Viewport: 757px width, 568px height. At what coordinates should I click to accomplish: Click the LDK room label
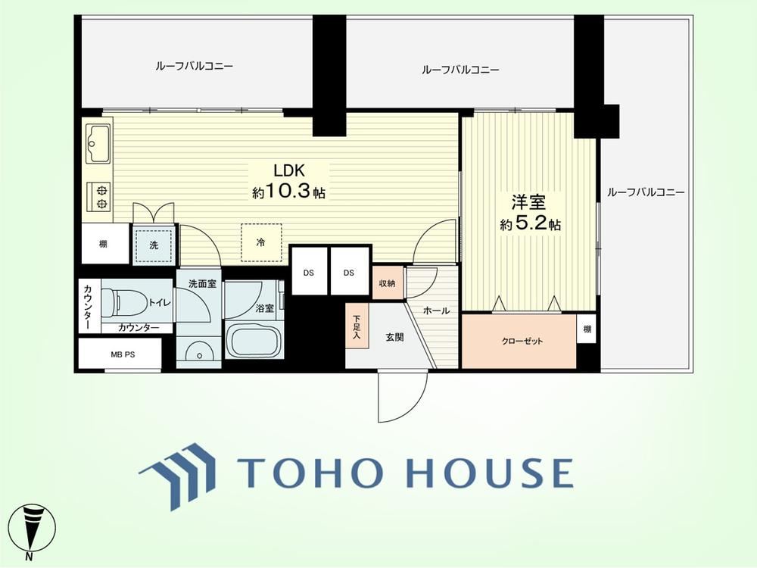(288, 170)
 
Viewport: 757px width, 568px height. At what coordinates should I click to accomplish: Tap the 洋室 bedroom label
(528, 202)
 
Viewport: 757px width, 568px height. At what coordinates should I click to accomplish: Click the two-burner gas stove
(99, 197)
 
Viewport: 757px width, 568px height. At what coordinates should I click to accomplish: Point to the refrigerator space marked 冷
(261, 242)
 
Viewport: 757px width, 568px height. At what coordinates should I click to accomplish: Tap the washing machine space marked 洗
(154, 245)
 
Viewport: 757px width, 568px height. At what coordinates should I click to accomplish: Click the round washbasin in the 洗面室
(198, 354)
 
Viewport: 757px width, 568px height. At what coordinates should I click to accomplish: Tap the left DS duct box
(309, 273)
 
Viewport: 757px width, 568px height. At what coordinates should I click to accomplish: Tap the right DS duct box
(349, 273)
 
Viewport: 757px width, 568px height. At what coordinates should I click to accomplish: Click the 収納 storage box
(388, 283)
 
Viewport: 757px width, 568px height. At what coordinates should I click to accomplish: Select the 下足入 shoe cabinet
(357, 326)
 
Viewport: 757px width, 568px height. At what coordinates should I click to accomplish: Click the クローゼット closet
(519, 341)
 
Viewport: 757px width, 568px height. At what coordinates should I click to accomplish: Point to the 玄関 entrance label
(395, 338)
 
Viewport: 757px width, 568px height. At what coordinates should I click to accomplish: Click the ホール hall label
(437, 311)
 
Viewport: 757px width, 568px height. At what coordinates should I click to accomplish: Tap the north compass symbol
(33, 530)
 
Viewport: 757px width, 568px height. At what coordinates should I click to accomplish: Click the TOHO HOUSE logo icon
(176, 476)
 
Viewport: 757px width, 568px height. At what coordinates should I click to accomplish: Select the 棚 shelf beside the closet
(587, 329)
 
